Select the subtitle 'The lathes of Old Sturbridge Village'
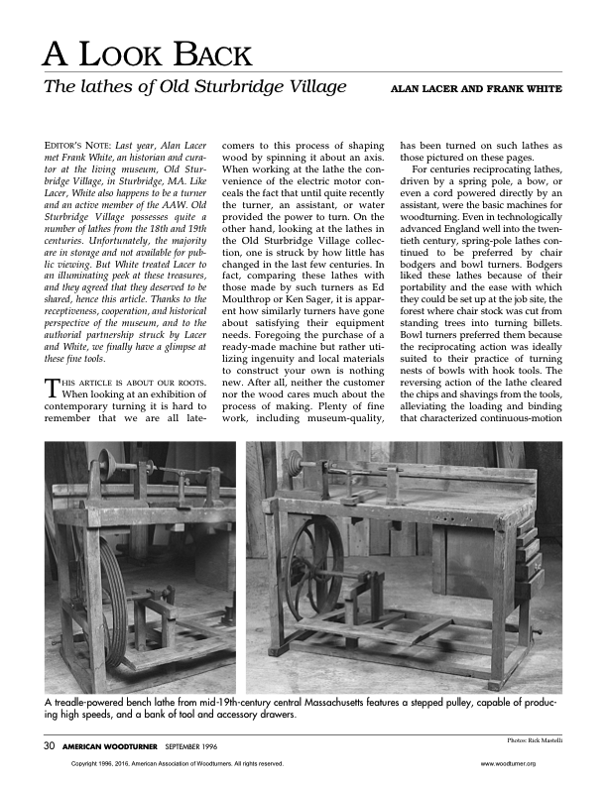[195, 86]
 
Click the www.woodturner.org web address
[507, 764]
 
